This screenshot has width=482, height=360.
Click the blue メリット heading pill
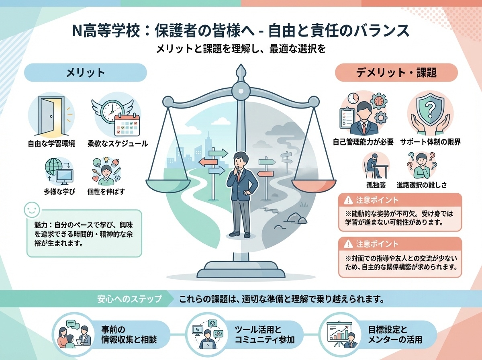coord(85,73)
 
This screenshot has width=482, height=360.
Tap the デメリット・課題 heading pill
coord(396,73)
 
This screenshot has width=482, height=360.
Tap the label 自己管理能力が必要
coord(364,142)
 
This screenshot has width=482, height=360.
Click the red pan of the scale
coord(313,186)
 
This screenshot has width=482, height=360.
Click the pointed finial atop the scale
coord(241,72)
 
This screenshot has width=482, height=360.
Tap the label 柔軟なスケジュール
coord(118,143)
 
